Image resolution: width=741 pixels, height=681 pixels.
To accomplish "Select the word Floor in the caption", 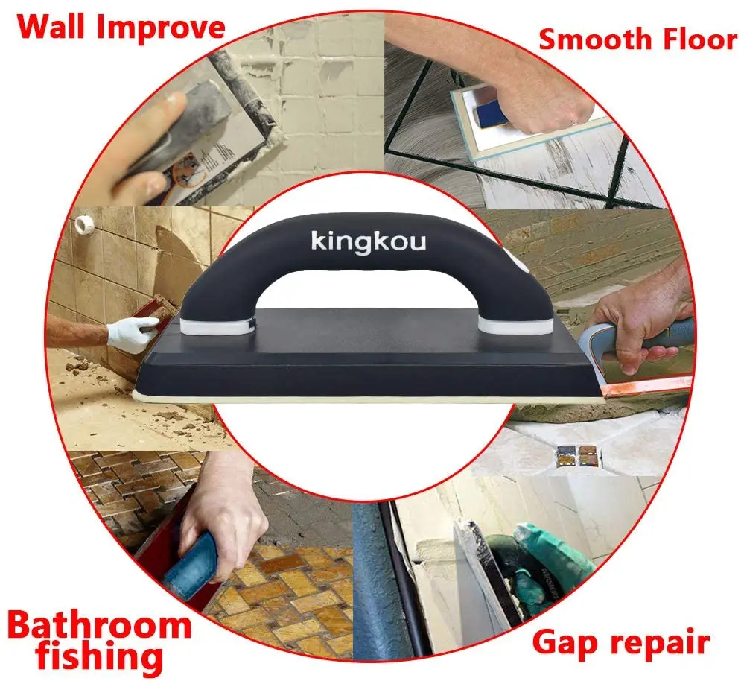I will click(695, 39).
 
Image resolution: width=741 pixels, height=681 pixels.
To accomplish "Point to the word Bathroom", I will click(100, 625).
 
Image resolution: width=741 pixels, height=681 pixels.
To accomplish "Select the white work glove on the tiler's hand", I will click(132, 333).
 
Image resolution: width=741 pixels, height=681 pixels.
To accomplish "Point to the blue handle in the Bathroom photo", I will click(190, 566).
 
